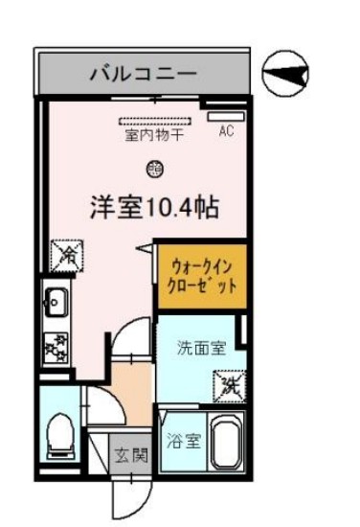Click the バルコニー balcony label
pos(144,72)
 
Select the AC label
pos(227,131)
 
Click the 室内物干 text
pos(154,136)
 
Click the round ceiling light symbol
pos(153,170)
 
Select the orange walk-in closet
pos(201,275)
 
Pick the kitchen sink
pos(53,306)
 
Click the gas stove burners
pos(54,345)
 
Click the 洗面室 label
pos(201,348)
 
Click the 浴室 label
pos(186,442)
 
